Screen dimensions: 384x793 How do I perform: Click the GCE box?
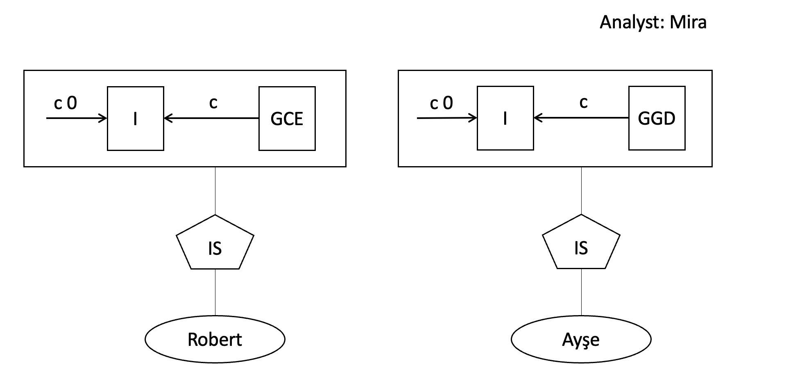click(x=287, y=119)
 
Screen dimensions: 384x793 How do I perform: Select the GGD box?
click(x=657, y=118)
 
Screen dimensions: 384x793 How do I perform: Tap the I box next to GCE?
click(x=135, y=119)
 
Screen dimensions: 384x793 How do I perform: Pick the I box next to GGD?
click(x=505, y=118)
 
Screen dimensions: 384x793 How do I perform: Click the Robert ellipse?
click(x=215, y=339)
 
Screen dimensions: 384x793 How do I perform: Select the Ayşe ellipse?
click(x=581, y=339)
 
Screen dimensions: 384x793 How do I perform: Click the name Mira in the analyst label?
click(x=688, y=22)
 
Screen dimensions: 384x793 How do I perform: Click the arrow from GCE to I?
click(x=211, y=119)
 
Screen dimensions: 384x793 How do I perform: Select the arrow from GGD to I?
click(x=581, y=118)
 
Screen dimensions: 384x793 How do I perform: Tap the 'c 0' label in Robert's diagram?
click(x=65, y=103)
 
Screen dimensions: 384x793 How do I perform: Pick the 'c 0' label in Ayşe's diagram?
click(x=441, y=103)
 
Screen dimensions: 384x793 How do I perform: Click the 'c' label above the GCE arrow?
click(x=213, y=103)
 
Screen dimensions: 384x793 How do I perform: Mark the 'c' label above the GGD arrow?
click(x=583, y=102)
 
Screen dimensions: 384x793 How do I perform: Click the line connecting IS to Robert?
click(x=215, y=292)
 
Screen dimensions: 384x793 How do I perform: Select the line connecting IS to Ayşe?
click(x=581, y=292)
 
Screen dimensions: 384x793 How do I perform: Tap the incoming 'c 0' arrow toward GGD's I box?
click(x=447, y=118)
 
